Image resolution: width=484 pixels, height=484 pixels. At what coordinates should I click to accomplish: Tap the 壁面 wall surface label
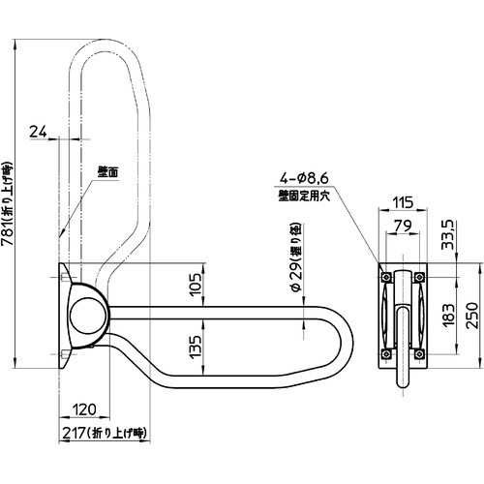108,172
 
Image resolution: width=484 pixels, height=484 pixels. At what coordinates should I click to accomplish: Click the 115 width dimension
404,202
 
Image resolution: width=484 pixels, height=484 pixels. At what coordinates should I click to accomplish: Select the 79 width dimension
404,227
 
